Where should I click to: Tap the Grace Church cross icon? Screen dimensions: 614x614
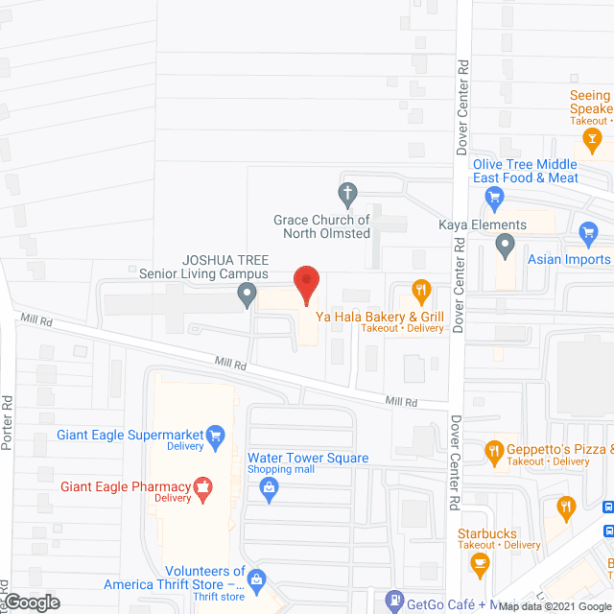point(348,193)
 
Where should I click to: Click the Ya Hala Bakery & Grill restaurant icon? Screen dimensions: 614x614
point(419,289)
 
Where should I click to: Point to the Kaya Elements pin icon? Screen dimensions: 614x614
point(505,248)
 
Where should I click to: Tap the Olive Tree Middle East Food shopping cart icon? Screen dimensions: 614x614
point(495,200)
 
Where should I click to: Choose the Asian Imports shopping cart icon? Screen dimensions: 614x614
point(589,233)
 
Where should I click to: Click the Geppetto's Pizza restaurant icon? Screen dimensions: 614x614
point(495,450)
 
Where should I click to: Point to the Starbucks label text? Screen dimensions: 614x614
point(486,533)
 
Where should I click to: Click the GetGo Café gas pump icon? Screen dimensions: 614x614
point(392,601)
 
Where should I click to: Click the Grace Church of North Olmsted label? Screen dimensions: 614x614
point(321,226)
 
